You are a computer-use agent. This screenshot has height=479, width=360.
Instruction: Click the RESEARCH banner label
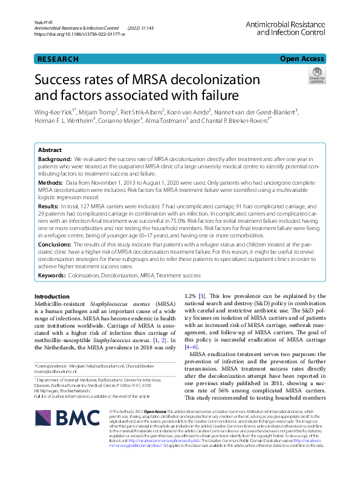[58, 59]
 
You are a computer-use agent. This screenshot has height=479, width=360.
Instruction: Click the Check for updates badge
[316, 76]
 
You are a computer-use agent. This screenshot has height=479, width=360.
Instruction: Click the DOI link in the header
[80, 35]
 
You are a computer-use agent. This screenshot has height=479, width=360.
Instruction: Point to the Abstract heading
[50, 149]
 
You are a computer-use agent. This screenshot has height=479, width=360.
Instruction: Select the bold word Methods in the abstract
[52, 182]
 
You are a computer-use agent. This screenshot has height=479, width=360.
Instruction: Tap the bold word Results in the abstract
[50, 206]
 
